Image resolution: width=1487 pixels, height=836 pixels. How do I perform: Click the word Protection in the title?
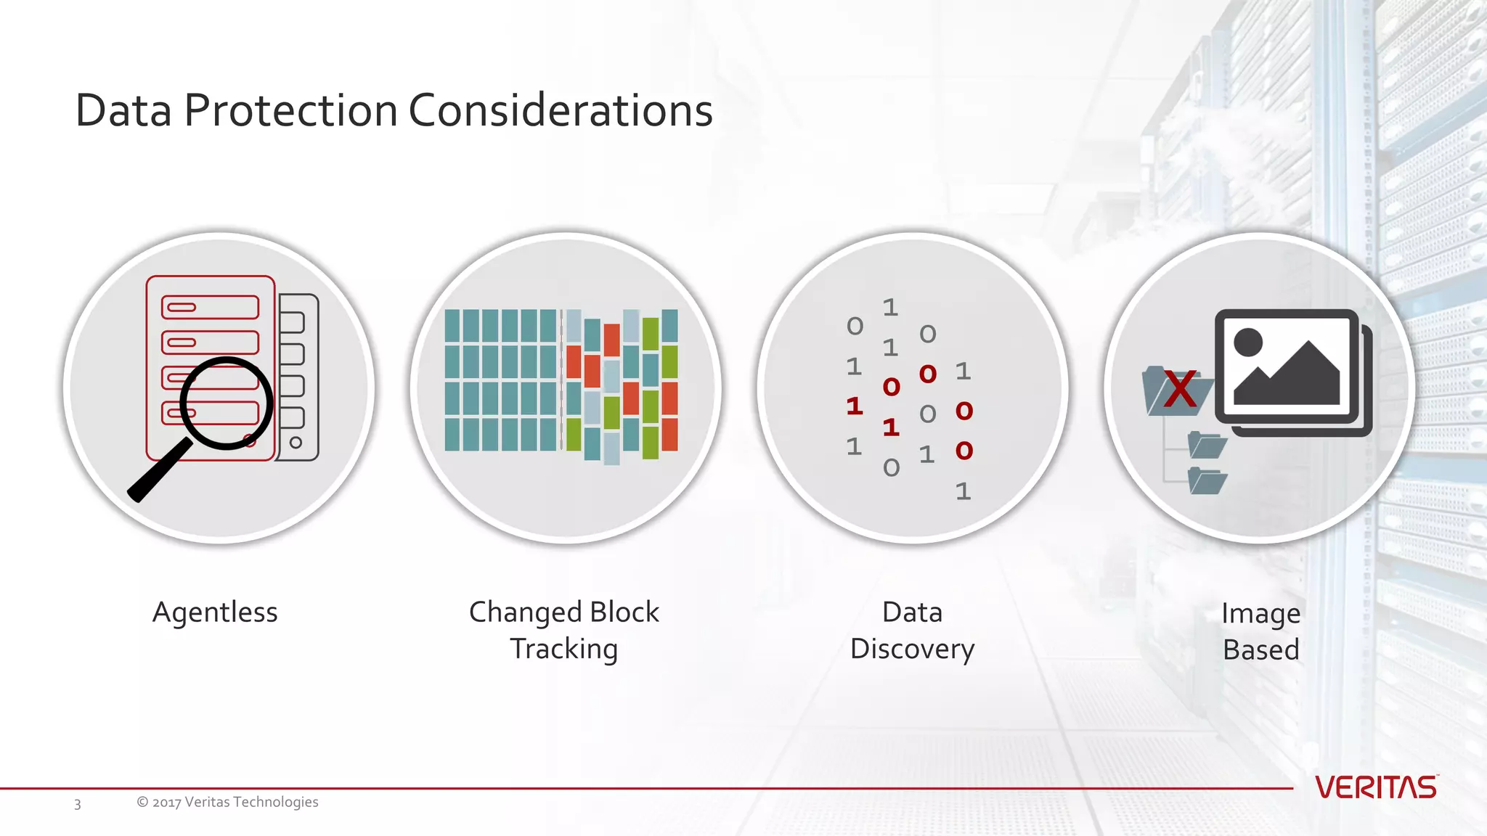click(x=290, y=111)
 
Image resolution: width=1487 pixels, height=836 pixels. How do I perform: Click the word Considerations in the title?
click(x=561, y=111)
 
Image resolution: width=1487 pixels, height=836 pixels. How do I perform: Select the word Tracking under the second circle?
click(x=563, y=649)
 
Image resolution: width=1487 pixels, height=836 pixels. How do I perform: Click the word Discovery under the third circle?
click(x=912, y=649)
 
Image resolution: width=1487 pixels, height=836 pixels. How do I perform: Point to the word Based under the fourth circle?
click(x=1260, y=650)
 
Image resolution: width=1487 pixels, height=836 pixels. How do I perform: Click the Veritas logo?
click(x=1375, y=787)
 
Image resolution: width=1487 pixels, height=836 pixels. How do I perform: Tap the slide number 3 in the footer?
click(x=78, y=804)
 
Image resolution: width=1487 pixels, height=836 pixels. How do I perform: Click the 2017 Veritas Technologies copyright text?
click(x=227, y=802)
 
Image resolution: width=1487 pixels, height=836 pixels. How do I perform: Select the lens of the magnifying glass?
click(x=226, y=403)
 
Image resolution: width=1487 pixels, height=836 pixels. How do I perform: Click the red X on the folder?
click(x=1179, y=390)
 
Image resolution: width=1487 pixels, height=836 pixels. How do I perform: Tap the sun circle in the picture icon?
click(x=1248, y=342)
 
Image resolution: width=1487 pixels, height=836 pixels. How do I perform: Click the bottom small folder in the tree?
click(x=1207, y=481)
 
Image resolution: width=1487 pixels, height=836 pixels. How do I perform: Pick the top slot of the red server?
click(x=210, y=307)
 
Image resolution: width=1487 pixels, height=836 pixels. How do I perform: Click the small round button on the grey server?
click(x=296, y=443)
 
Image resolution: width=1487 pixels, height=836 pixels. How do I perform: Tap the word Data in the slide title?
click(x=123, y=111)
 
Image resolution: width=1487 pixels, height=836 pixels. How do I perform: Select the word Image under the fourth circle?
click(x=1260, y=614)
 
